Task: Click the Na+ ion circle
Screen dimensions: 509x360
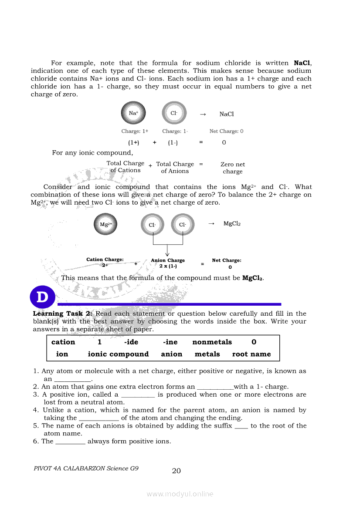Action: coord(133,113)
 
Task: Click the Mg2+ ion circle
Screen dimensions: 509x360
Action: coord(106,225)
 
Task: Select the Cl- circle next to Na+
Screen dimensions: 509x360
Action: coord(174,113)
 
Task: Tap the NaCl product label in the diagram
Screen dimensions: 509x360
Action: coord(227,114)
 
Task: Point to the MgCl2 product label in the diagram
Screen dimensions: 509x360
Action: coord(232,224)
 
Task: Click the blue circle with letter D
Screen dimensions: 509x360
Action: coord(42,298)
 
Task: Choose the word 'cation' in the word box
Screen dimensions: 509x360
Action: coord(63,342)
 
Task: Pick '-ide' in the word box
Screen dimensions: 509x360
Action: coord(131,342)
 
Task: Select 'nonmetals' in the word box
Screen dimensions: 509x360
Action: coord(212,342)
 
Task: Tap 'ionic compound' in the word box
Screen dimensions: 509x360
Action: coord(118,354)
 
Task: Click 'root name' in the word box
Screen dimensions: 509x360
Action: coord(251,354)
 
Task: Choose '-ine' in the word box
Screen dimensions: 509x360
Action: coord(170,342)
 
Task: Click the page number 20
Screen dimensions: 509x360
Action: coord(177,471)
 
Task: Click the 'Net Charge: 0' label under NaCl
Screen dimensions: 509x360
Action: coord(226,131)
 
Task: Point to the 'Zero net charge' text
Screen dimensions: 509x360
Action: coord(233,168)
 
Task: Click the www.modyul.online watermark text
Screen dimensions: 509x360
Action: coord(180,494)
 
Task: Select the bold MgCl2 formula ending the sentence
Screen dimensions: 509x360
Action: coord(253,278)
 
